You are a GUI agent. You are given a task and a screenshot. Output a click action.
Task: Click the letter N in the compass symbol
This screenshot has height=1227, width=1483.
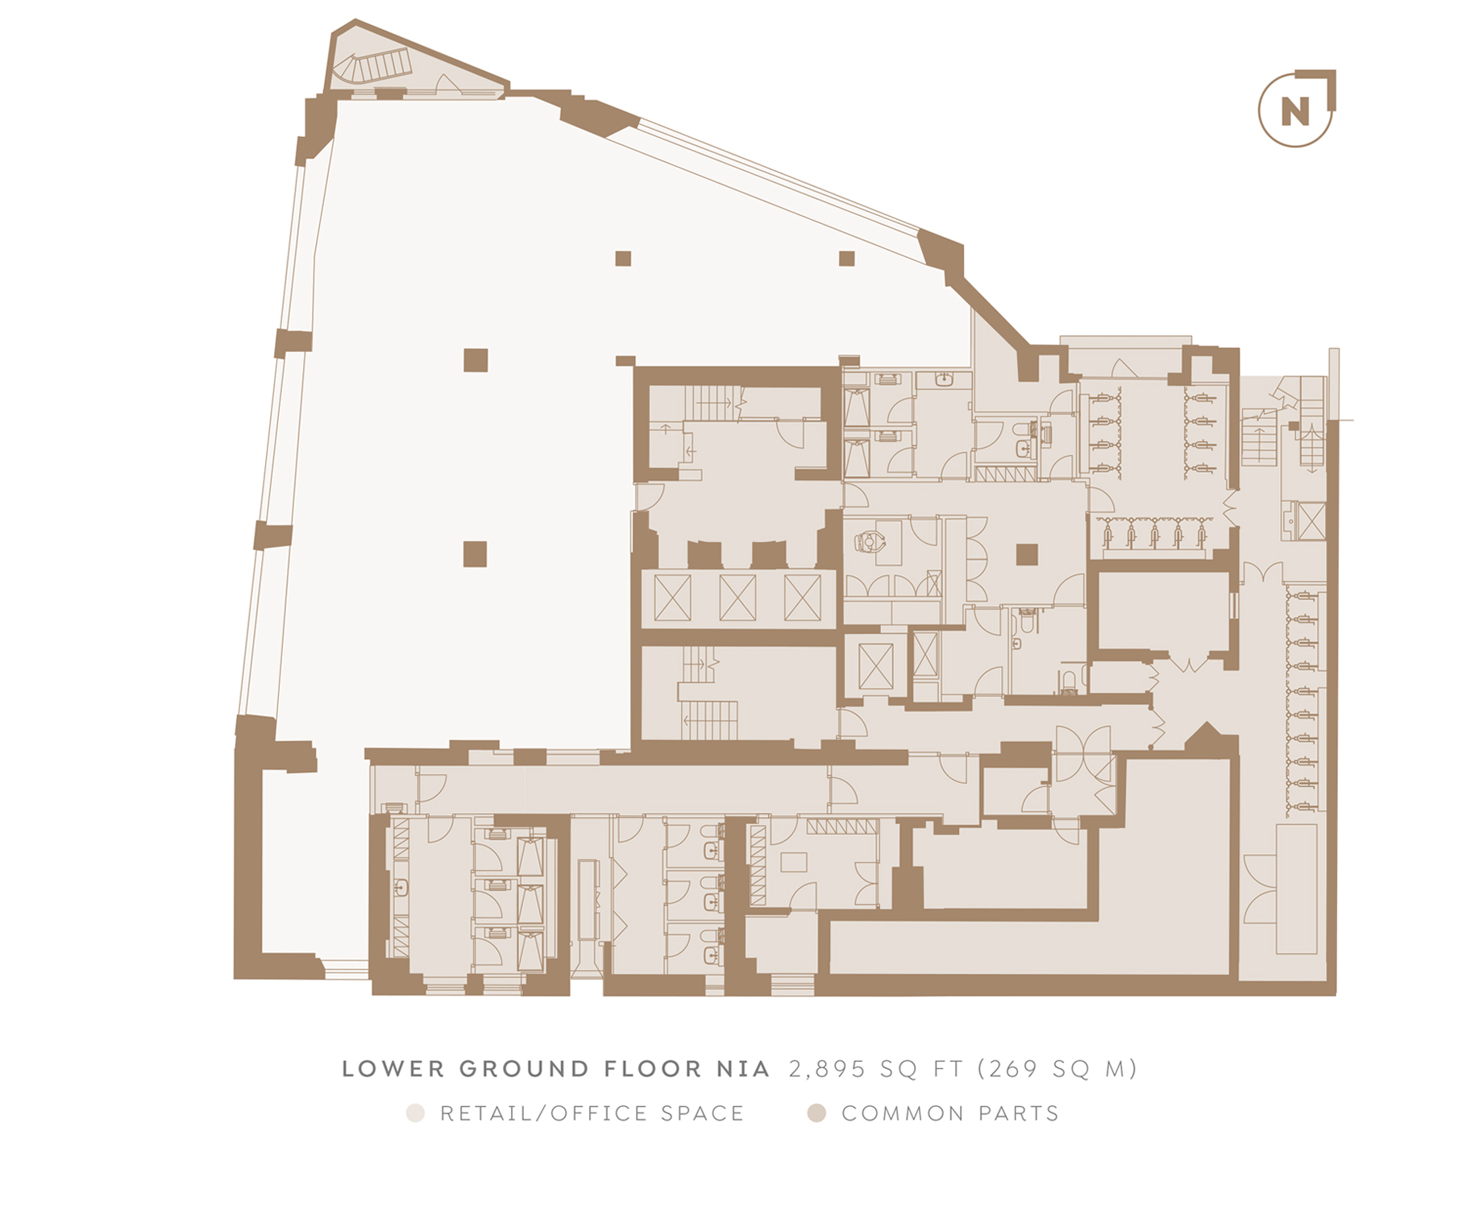tap(1294, 111)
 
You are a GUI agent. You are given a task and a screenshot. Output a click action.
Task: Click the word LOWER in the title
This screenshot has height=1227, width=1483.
tap(393, 1069)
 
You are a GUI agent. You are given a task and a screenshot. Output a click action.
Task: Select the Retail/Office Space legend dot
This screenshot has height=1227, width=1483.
tap(415, 1113)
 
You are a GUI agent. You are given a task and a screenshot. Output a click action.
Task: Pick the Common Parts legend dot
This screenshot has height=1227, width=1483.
tap(816, 1113)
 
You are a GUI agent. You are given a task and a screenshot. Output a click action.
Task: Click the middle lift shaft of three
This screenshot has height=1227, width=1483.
tap(737, 598)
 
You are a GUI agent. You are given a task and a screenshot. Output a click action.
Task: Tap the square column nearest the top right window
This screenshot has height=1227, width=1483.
tap(846, 258)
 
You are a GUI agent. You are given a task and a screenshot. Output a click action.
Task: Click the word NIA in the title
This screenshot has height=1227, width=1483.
tap(743, 1069)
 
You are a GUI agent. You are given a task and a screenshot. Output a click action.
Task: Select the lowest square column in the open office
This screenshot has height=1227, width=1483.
tap(475, 554)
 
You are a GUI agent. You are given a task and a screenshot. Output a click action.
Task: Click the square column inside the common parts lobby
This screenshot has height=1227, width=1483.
tap(1027, 554)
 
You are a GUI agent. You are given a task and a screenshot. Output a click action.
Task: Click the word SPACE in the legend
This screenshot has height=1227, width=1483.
tap(702, 1113)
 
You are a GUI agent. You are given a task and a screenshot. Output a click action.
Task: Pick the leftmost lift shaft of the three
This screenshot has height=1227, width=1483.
tap(673, 598)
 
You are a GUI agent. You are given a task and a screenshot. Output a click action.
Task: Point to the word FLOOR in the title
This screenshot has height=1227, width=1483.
tap(654, 1069)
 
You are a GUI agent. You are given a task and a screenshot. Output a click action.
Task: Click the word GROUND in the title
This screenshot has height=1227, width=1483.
tap(524, 1069)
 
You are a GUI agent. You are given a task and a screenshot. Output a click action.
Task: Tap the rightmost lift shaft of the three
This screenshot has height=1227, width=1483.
tap(803, 598)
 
